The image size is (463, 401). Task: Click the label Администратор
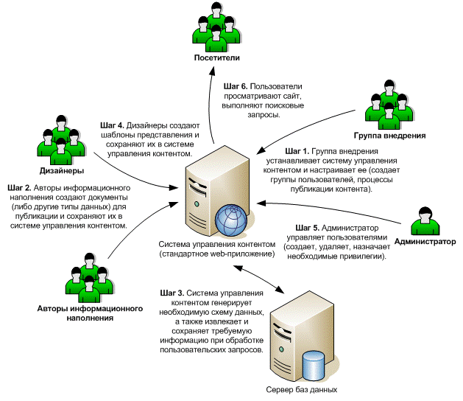(425, 241)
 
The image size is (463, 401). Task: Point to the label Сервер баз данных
(302, 388)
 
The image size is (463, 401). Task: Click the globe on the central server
(233, 219)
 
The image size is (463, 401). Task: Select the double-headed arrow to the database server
(268, 277)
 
